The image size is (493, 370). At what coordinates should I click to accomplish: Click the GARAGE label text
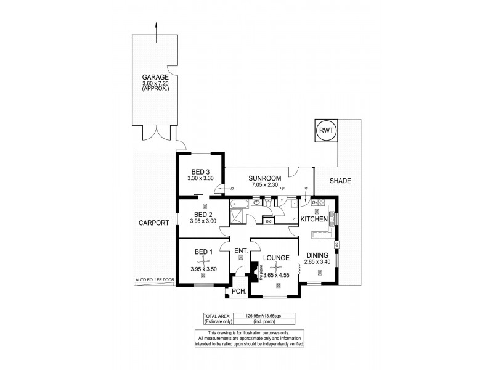pyautogui.click(x=155, y=78)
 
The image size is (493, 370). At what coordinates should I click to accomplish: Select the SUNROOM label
pyautogui.click(x=266, y=178)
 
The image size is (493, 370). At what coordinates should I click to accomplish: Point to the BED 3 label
pyautogui.click(x=200, y=171)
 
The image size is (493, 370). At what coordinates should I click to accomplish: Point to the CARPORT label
pyautogui.click(x=153, y=224)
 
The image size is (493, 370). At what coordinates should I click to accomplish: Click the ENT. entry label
pyautogui.click(x=240, y=250)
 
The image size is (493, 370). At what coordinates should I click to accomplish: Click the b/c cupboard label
pyautogui.click(x=268, y=220)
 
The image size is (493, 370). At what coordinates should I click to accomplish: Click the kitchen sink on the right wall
pyautogui.click(x=332, y=217)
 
